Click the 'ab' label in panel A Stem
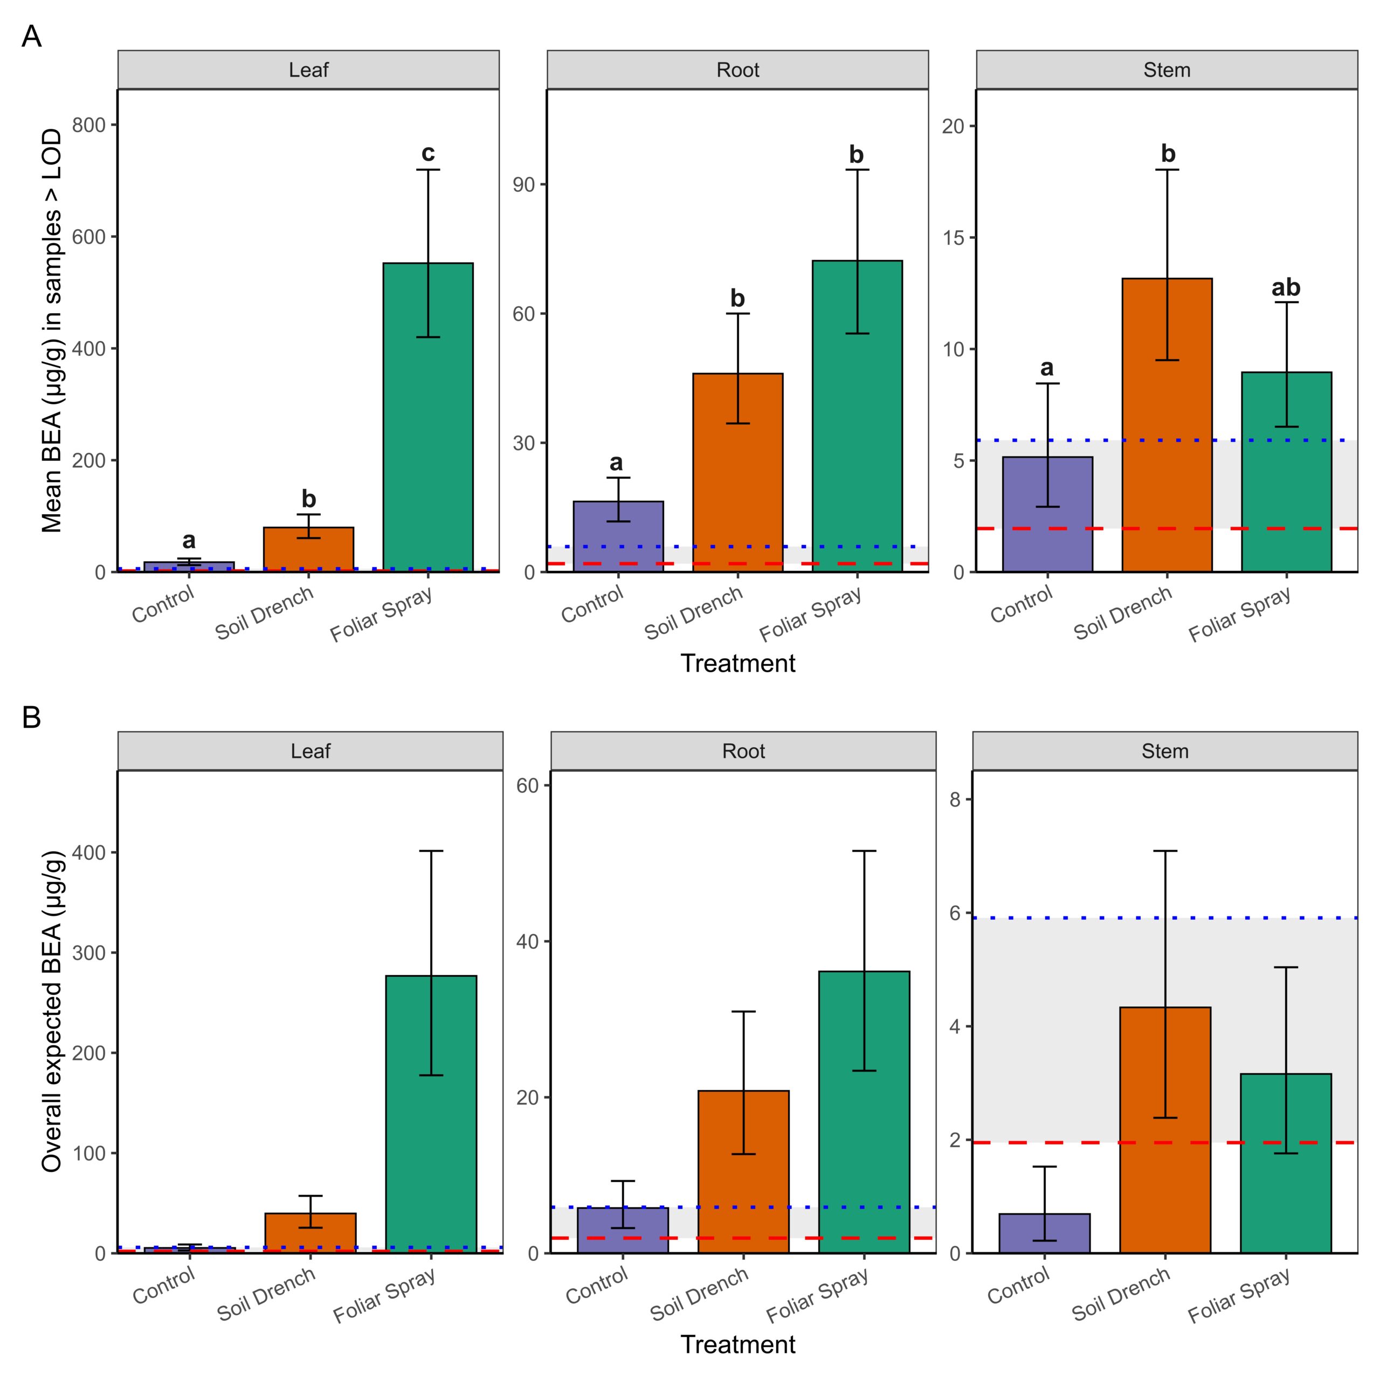click(x=1286, y=287)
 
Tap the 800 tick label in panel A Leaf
click(x=88, y=125)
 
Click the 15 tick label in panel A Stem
click(x=953, y=238)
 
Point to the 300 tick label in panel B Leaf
click(x=88, y=953)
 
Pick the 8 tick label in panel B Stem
click(x=956, y=799)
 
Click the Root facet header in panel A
click(x=738, y=70)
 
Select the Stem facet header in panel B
click(x=1165, y=751)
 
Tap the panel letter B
click(x=31, y=717)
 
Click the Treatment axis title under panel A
click(x=738, y=663)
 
